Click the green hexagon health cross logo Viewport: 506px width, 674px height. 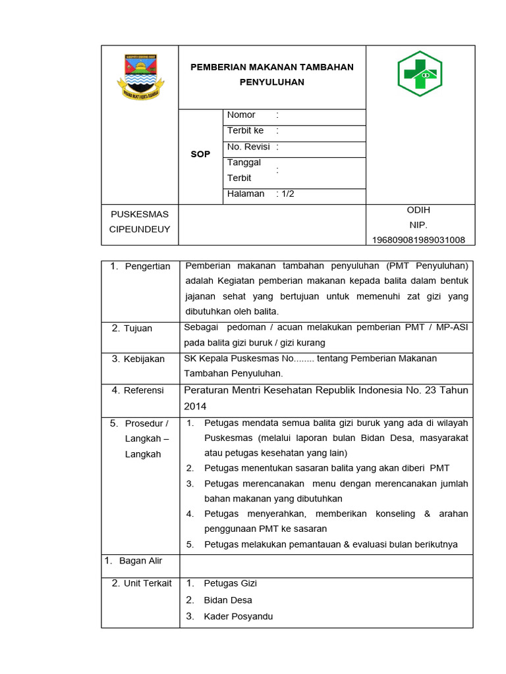click(x=420, y=74)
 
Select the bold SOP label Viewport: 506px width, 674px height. click(x=200, y=154)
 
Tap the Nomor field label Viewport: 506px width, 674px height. click(x=241, y=115)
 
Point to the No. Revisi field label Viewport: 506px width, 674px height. click(x=249, y=147)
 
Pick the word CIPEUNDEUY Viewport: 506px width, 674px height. click(x=140, y=229)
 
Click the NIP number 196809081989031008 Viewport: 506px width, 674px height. click(x=419, y=240)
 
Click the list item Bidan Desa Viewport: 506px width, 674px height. click(x=228, y=600)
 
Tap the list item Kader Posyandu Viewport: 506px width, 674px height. click(x=238, y=617)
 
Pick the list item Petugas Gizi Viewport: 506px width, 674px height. click(x=230, y=583)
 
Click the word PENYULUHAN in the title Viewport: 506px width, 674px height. click(x=271, y=82)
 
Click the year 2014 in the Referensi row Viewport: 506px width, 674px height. click(x=196, y=406)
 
